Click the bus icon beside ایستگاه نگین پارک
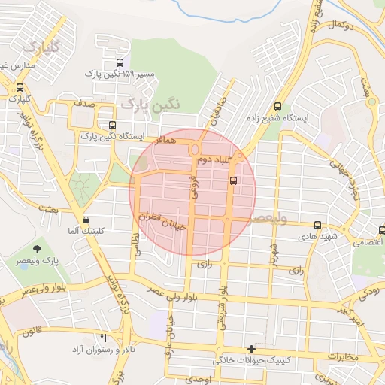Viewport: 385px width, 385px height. point(113,126)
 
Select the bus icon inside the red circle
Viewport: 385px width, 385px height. point(233,180)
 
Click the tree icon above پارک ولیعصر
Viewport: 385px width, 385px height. point(36,248)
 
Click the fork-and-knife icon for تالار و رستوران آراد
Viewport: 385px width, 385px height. point(104,338)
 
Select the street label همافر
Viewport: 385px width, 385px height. point(162,141)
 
